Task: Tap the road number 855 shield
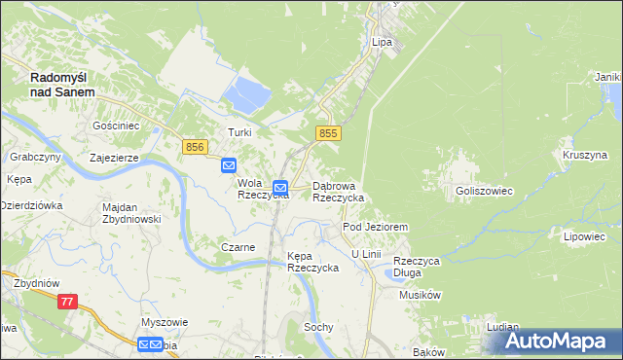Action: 327,133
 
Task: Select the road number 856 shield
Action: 195,146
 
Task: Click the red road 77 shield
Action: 66,303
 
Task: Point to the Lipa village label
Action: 382,43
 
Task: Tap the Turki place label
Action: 239,132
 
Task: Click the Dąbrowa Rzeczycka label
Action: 338,191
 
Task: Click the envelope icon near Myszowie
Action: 151,343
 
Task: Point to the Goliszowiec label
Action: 484,192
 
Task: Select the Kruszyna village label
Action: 584,155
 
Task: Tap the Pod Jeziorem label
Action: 374,226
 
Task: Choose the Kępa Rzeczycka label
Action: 311,262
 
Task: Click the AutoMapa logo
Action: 560,341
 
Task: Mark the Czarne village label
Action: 238,247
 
